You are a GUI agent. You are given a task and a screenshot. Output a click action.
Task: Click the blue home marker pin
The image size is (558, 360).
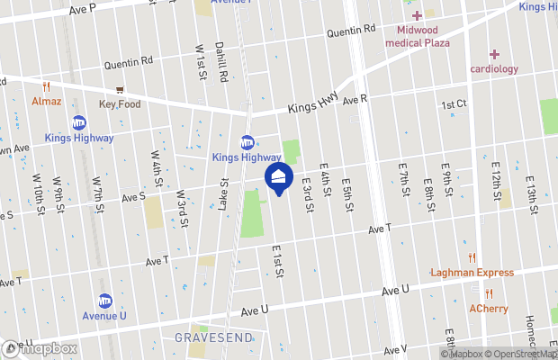tap(278, 178)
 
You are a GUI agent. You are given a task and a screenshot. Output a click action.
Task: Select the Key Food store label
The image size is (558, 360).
tap(120, 104)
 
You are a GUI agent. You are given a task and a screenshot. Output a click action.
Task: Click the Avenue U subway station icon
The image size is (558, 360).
tap(105, 301)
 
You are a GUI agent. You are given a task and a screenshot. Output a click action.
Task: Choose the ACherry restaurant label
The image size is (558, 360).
tap(489, 309)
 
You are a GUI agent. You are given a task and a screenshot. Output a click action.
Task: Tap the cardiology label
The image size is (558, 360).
tap(494, 68)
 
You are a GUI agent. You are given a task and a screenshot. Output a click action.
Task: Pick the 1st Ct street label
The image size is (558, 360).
tap(454, 105)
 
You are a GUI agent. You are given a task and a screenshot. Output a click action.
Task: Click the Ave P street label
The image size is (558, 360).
tap(81, 7)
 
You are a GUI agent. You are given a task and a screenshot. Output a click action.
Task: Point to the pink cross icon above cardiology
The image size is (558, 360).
tap(494, 54)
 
